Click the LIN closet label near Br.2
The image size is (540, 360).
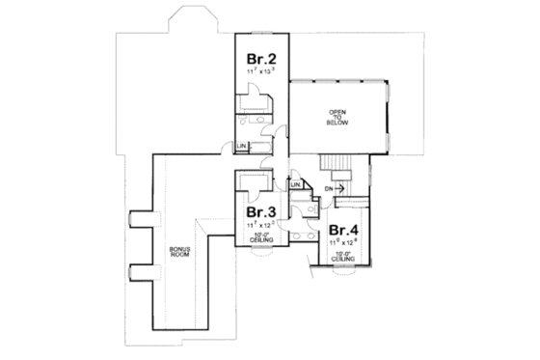(242, 146)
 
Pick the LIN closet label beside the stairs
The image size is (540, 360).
(298, 184)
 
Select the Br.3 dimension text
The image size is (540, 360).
(257, 223)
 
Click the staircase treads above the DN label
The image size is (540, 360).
(338, 163)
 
